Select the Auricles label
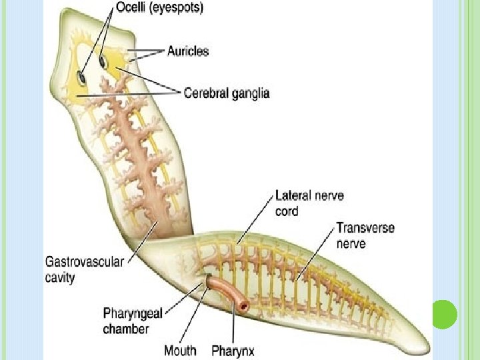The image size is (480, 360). coord(187,51)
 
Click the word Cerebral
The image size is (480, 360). coord(207,93)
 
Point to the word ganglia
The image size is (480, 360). coord(250,93)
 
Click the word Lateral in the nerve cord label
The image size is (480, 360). coord(294,197)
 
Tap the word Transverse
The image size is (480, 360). coord(365,229)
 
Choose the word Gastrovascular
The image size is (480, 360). coord(84,262)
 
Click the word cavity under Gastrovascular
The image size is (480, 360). coord(60,277)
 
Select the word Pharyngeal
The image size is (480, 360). coord(133,313)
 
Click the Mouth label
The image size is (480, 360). coord(180,350)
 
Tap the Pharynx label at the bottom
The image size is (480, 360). coord(233,350)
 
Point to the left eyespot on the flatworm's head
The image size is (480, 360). coord(81,77)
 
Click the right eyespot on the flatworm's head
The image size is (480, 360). coord(103,62)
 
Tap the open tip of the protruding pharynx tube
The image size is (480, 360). coord(244,307)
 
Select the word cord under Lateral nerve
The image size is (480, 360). coord(288,211)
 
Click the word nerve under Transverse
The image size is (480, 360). coord(351,244)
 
